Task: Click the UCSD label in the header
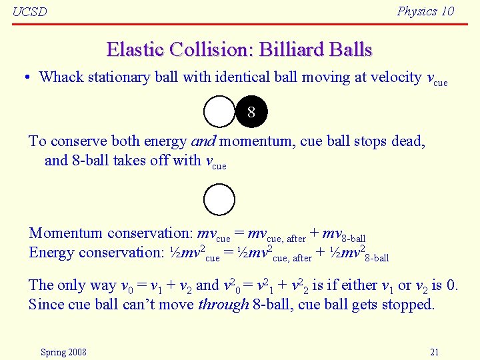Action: [30, 12]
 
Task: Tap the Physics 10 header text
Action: [425, 11]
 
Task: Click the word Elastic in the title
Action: [135, 49]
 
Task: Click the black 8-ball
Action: [251, 112]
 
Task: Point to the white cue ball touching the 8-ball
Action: [219, 112]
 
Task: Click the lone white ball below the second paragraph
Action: [219, 200]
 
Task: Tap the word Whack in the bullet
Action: [61, 77]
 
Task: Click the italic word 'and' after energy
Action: [203, 141]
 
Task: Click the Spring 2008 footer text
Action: [63, 352]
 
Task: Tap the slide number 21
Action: [434, 352]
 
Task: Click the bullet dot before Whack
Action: [25, 78]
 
